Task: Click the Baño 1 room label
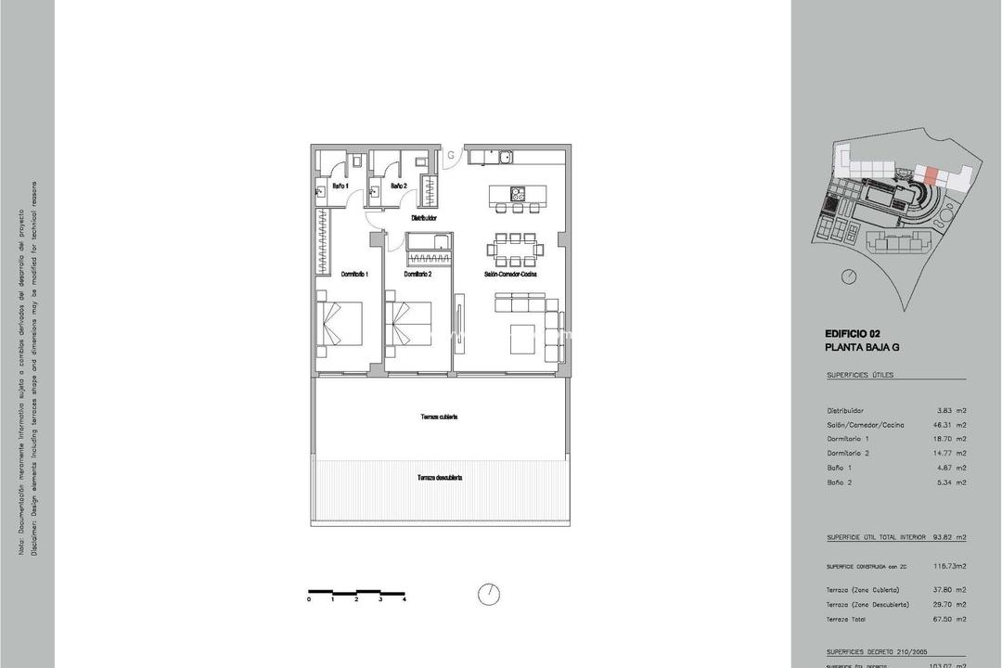pos(340,186)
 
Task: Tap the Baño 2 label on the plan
pos(399,186)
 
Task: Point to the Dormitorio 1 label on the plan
pos(355,275)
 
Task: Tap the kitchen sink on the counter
pos(506,158)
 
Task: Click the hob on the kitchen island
pos(517,195)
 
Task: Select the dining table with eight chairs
pos(512,249)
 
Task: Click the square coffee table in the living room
pos(524,338)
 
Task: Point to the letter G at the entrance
pos(451,155)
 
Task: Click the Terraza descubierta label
pos(440,478)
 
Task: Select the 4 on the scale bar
pos(405,600)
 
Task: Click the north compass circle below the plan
pos(489,593)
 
